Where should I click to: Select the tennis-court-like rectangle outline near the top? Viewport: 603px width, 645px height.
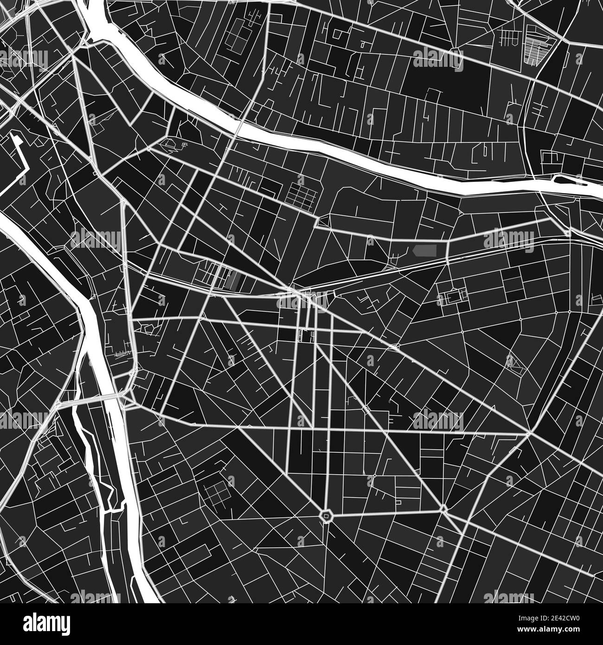click(x=237, y=32)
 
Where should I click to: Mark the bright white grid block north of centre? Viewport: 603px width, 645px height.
click(x=301, y=194)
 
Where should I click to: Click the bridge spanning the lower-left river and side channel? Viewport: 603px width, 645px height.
click(x=93, y=398)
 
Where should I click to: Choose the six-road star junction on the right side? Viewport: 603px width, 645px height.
click(x=529, y=433)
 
